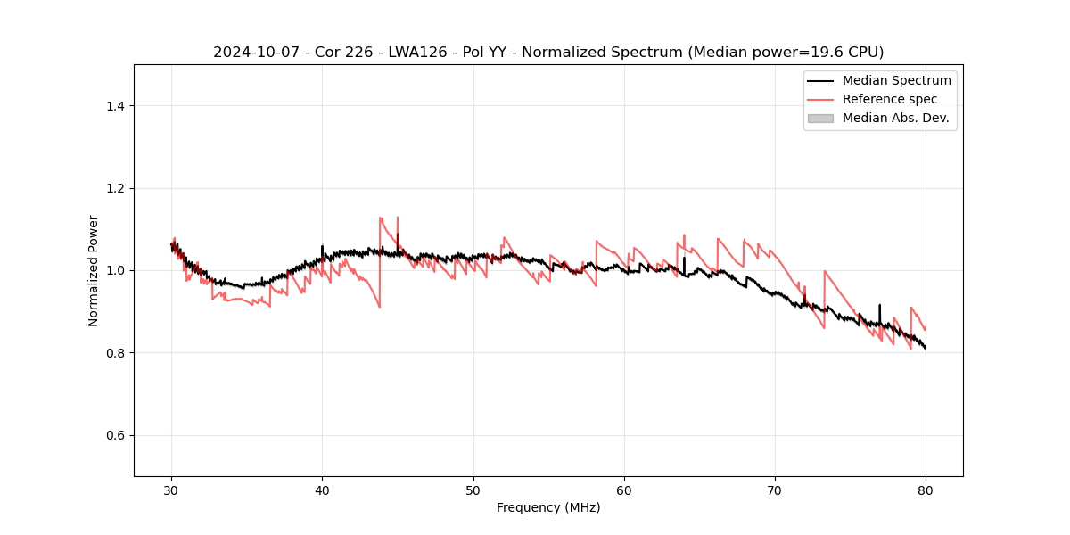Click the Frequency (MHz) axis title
pyautogui.click(x=548, y=507)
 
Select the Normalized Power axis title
pyautogui.click(x=94, y=270)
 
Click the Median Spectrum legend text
pyautogui.click(x=896, y=80)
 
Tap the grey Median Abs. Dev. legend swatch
pyautogui.click(x=820, y=118)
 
